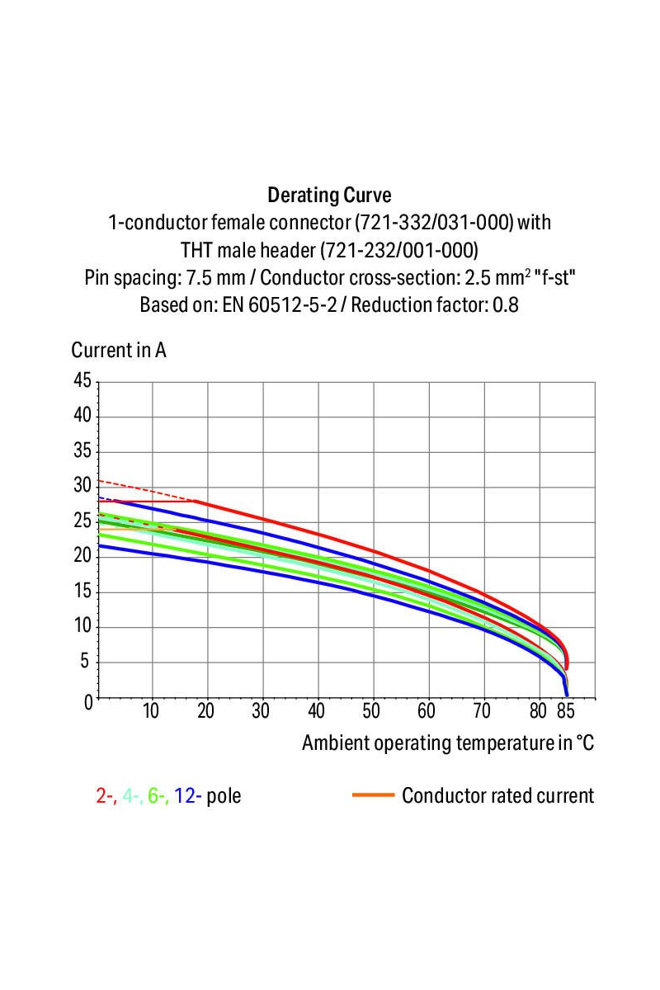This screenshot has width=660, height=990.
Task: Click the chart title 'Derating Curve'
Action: point(329,196)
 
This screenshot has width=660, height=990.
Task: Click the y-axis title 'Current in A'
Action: point(119,350)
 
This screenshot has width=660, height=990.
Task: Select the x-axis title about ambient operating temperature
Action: point(447,742)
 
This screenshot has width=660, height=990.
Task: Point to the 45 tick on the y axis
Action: point(82,381)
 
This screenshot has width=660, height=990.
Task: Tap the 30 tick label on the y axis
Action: point(82,486)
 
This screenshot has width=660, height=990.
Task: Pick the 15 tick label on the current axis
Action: point(82,592)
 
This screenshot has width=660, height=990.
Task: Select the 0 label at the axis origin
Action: point(87,701)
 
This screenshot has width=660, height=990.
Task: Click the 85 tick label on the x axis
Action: point(565,711)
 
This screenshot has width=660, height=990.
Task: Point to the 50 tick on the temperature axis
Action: point(371,711)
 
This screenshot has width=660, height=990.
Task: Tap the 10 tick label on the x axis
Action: point(150,711)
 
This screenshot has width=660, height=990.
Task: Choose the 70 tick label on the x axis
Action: point(482,711)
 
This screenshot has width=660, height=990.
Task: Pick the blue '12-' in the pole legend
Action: point(188,796)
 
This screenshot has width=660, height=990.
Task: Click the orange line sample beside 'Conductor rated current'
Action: point(373,795)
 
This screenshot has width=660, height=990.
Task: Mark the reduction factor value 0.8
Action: point(506,304)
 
